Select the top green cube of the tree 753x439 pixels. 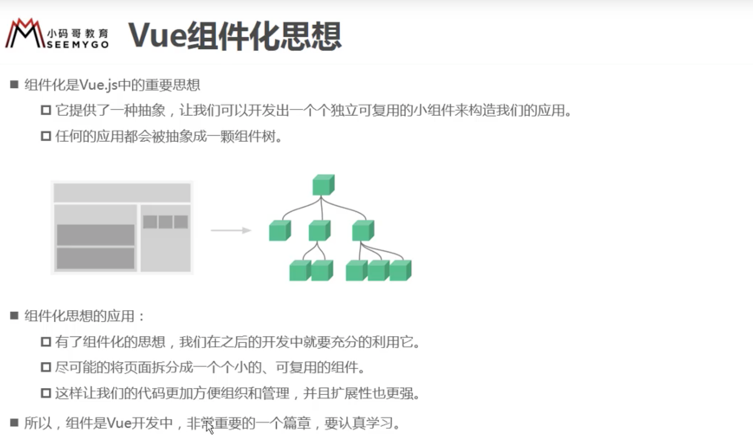click(323, 185)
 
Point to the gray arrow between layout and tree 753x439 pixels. click(231, 230)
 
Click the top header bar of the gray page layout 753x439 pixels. click(122, 192)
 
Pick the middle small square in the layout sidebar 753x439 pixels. click(166, 222)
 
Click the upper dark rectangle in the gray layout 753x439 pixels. click(95, 235)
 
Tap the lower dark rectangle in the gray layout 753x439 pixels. click(95, 258)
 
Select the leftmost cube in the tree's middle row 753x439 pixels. click(280, 230)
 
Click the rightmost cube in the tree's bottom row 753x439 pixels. click(400, 270)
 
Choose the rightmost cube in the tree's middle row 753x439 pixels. click(363, 230)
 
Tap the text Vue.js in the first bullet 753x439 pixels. click(99, 85)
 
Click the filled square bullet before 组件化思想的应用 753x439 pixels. click(14, 315)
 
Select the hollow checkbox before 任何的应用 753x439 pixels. click(46, 136)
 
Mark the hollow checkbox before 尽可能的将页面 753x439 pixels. click(46, 367)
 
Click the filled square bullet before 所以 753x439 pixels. click(14, 423)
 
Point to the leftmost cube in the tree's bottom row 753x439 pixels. click(300, 270)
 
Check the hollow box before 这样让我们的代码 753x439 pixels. click(46, 393)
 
